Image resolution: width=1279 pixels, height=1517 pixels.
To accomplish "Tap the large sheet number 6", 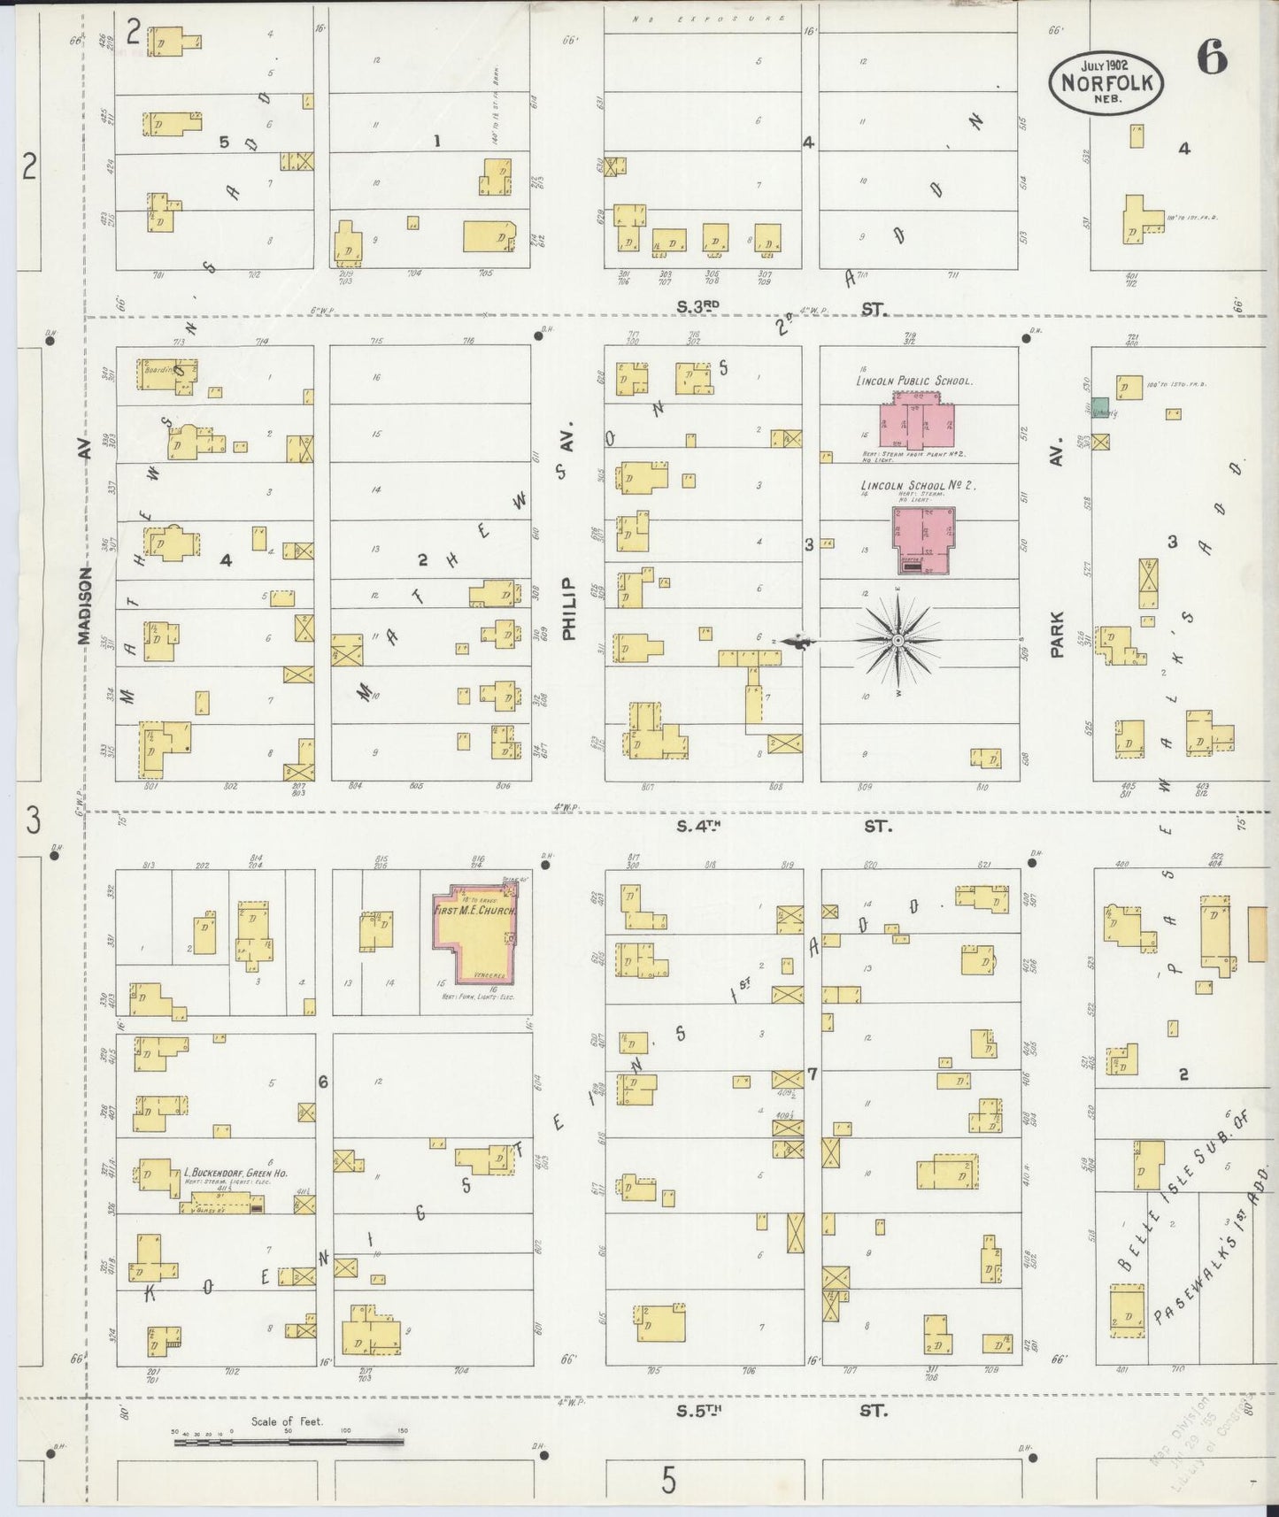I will pyautogui.click(x=1212, y=59).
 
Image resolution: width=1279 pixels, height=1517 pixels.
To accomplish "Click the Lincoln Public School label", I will pyautogui.click(x=913, y=381).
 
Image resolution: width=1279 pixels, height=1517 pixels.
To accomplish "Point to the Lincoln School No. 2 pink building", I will pyautogui.click(x=924, y=538).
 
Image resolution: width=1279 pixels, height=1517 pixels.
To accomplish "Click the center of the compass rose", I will pyautogui.click(x=898, y=640).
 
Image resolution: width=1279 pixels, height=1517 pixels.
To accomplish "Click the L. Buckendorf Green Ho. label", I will pyautogui.click(x=222, y=1176).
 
